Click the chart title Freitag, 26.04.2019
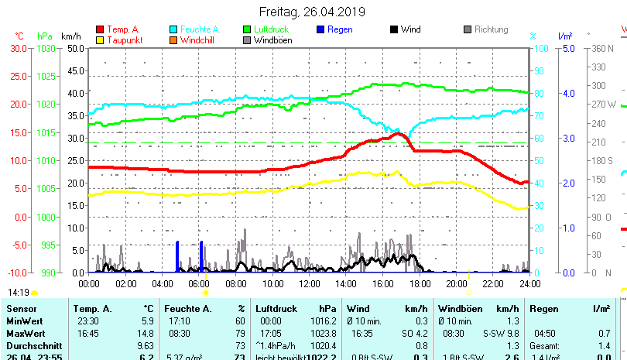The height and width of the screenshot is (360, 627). (313, 12)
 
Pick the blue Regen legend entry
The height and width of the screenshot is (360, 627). (340, 29)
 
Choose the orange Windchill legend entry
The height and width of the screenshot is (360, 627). (197, 40)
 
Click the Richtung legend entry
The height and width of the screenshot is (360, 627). (491, 29)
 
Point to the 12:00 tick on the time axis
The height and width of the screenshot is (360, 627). (310, 284)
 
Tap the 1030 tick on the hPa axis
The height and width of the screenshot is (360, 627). (46, 48)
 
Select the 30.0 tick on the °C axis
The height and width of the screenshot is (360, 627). (19, 48)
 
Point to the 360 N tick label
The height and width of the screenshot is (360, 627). (602, 48)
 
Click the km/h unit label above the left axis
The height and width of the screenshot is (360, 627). (70, 36)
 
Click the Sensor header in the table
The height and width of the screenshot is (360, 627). (22, 309)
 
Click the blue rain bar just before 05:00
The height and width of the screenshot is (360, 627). (177, 257)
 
